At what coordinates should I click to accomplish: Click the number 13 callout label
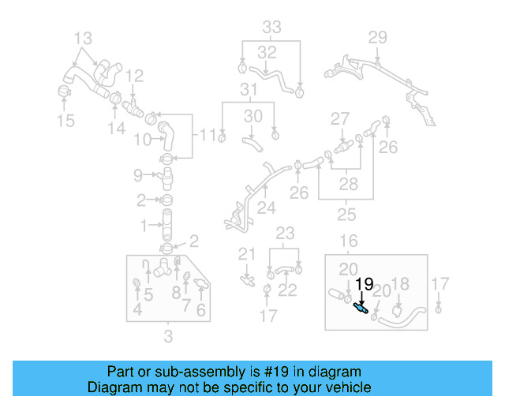[x=83, y=37]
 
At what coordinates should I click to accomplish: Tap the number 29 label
[x=378, y=37]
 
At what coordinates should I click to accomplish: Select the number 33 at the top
[x=271, y=27]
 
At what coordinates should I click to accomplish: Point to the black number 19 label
[x=364, y=284]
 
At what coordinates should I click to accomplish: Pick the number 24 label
[x=266, y=209]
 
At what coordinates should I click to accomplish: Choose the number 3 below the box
[x=167, y=339]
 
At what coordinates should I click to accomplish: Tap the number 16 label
[x=348, y=241]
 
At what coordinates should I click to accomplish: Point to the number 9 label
[x=137, y=174]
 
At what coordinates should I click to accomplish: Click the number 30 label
[x=252, y=116]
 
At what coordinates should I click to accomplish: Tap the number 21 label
[x=248, y=253]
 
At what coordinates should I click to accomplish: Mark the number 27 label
[x=339, y=118]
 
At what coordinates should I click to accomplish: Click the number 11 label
[x=208, y=135]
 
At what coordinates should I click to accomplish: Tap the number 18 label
[x=400, y=284]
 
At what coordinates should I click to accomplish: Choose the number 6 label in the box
[x=202, y=310]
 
